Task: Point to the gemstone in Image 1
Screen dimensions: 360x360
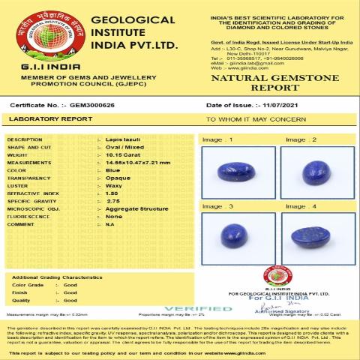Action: click(232, 172)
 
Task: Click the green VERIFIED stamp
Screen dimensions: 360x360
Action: click(207, 308)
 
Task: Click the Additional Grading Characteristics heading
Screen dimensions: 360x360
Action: click(57, 277)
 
